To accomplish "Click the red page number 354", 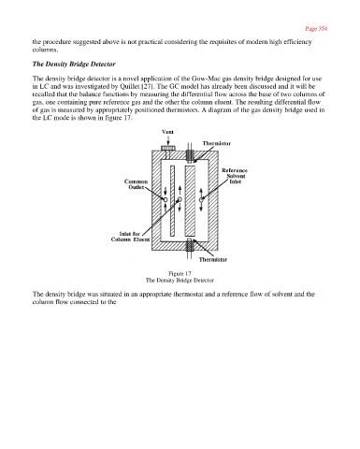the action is [316, 29].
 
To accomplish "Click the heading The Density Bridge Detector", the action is [74, 64].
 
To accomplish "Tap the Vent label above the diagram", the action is [167, 132].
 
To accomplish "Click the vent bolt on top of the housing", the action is [168, 148].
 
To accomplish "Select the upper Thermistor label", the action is [217, 143].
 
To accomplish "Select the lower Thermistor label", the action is [213, 259].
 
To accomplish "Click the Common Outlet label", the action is [137, 184].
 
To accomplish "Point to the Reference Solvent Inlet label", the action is [235, 176].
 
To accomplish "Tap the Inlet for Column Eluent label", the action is [130, 237].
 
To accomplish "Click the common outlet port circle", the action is [166, 199].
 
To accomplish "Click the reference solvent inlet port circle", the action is [201, 199].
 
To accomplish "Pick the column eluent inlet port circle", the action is [180, 199].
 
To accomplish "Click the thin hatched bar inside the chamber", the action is [172, 201].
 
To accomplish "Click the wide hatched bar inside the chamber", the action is [190, 201].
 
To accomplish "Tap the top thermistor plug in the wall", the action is [190, 155].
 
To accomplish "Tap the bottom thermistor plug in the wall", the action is [190, 246].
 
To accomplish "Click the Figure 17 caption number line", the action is [180, 274].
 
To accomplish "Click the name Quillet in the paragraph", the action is [130, 86].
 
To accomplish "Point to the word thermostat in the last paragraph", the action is [188, 295].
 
